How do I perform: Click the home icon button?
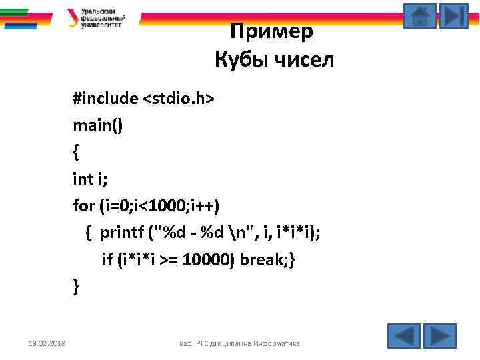pyautogui.click(x=420, y=16)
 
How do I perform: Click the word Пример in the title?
pyautogui.click(x=271, y=31)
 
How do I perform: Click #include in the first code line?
pyautogui.click(x=105, y=99)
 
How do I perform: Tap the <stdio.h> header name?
pyautogui.click(x=178, y=99)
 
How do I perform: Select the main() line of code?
pyautogui.click(x=98, y=125)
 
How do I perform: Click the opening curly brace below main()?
pyautogui.click(x=76, y=153)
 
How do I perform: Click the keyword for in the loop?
pyautogui.click(x=83, y=206)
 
